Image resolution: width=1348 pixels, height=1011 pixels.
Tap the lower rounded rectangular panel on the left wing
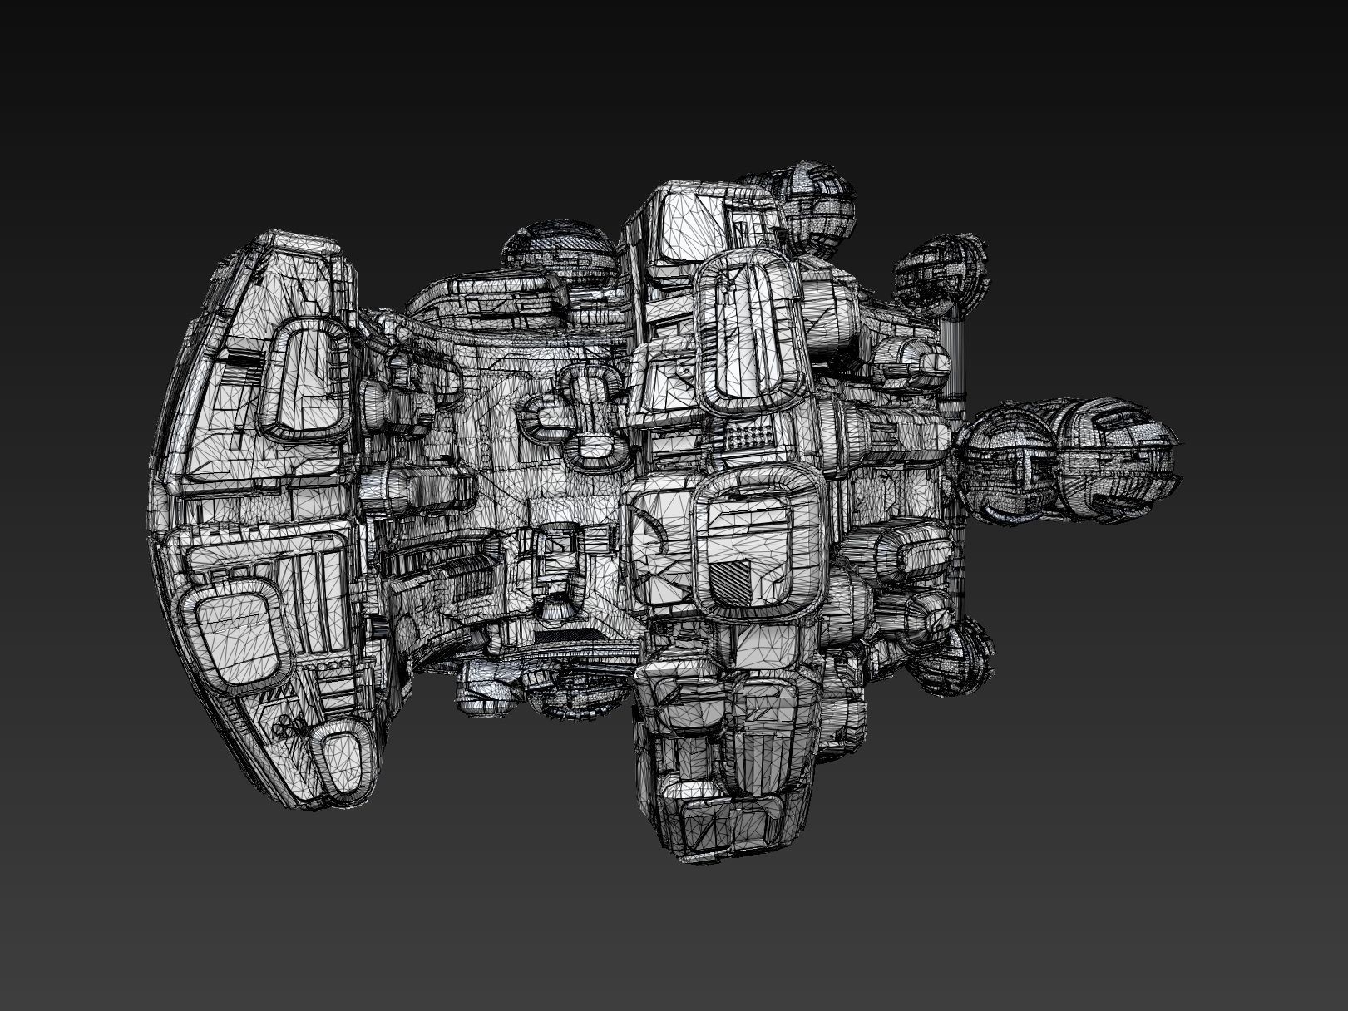[235, 623]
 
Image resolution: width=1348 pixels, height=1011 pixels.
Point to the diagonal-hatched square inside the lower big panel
[733, 582]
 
